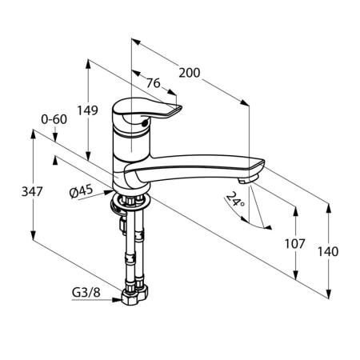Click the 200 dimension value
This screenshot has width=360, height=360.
coord(189,73)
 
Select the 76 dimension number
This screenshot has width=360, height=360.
coord(154,83)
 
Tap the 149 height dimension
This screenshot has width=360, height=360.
coord(87,110)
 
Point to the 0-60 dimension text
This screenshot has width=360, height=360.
coord(54,119)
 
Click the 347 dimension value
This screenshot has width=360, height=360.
coord(32,191)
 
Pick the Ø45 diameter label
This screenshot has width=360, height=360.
coord(82,192)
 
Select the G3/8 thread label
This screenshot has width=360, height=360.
coord(86,293)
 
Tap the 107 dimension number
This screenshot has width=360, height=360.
coord(294,244)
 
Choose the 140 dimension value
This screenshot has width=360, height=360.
coord(328,251)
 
